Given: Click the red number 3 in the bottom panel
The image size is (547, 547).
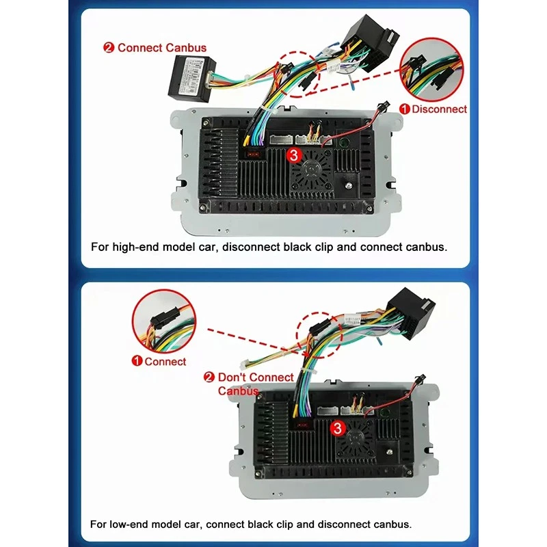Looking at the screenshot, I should click(x=336, y=429).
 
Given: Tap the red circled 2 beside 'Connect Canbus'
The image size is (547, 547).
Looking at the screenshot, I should click(x=109, y=48).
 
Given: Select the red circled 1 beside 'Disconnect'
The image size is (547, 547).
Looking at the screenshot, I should click(x=405, y=109).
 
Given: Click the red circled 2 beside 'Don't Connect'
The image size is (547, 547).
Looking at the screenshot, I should click(x=209, y=377).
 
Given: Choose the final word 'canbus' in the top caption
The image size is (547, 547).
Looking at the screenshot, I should click(x=428, y=246).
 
